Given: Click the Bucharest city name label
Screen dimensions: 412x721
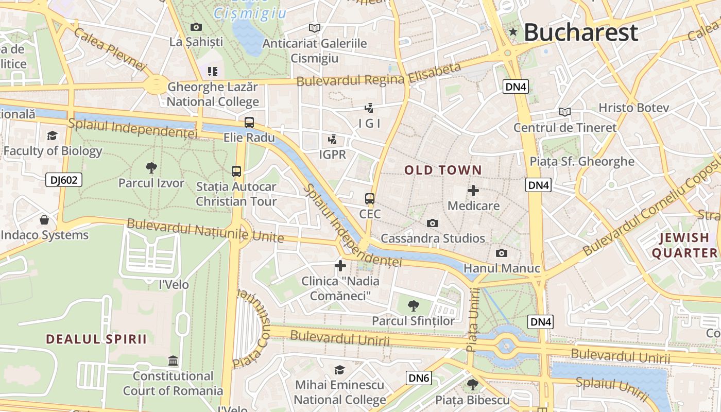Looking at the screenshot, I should (x=581, y=32).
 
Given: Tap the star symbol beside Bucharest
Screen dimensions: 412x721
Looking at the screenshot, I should (x=513, y=32).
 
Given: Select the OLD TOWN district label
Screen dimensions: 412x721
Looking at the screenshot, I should (x=443, y=170).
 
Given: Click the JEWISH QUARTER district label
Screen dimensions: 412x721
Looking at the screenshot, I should (x=684, y=245).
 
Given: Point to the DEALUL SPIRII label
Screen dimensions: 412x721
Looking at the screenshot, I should (x=96, y=339).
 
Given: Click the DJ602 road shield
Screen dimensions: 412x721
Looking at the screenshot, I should (x=64, y=180).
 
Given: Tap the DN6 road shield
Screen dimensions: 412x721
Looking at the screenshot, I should (x=418, y=378).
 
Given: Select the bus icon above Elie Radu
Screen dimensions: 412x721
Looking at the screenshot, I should (x=249, y=123).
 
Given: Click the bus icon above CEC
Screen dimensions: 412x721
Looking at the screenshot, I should (x=370, y=199).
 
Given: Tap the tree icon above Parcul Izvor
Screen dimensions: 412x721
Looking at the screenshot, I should (x=151, y=167).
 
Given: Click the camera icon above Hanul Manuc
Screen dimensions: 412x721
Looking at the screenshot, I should (x=501, y=253).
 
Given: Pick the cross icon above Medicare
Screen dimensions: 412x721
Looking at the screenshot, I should (x=473, y=191).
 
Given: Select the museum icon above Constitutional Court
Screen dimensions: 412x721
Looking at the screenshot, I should (x=173, y=360).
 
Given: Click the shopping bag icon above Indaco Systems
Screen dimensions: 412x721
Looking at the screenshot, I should (x=44, y=220).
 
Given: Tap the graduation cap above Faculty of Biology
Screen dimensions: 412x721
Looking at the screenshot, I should (x=52, y=136).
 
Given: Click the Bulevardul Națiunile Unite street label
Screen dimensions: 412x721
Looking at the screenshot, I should (x=205, y=230).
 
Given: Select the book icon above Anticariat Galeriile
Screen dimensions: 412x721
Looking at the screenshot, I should (x=314, y=28).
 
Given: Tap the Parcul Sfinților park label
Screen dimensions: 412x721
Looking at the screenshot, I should (x=414, y=321).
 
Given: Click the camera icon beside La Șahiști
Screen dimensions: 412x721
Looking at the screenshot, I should (x=196, y=27).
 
